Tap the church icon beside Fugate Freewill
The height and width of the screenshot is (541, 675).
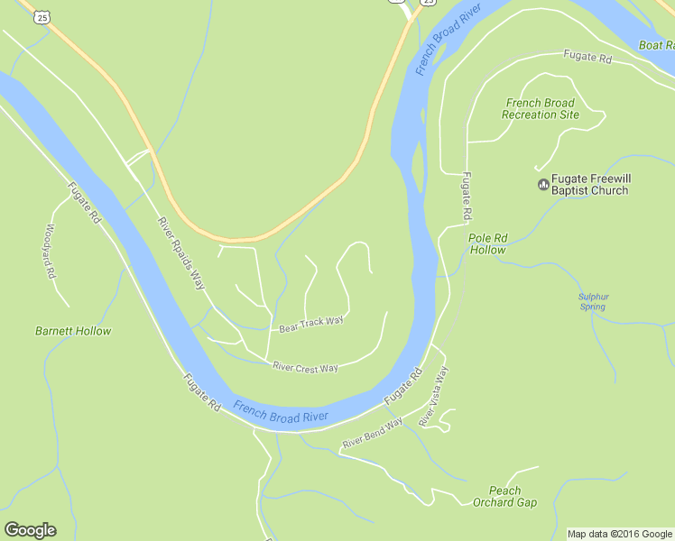click(x=542, y=186)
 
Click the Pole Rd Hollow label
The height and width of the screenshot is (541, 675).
click(x=488, y=244)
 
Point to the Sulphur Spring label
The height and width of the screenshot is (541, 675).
click(x=593, y=301)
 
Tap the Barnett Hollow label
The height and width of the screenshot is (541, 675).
click(x=73, y=331)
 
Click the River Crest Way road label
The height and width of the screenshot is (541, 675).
click(x=305, y=367)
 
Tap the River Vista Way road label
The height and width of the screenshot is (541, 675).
click(x=433, y=397)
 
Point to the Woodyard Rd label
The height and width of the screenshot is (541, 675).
click(x=51, y=252)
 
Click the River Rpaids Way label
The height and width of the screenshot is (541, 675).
click(x=181, y=253)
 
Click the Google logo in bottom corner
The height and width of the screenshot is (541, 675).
click(x=30, y=530)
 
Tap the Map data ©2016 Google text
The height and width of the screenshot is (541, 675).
click(x=620, y=534)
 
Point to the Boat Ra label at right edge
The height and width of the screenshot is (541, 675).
click(x=656, y=45)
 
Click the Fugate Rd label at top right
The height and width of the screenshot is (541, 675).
click(x=587, y=57)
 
